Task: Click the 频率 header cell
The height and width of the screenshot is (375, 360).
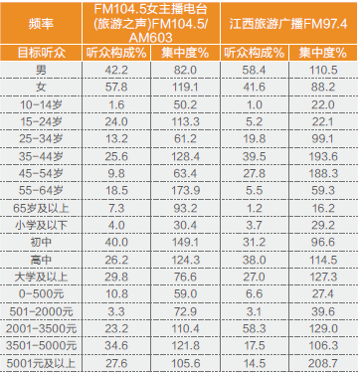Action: coord(41,24)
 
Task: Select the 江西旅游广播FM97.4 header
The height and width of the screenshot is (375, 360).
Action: coord(288,24)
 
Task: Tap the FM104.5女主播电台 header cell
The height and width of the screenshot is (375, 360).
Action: coord(151,24)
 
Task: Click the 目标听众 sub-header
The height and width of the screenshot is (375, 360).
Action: coord(42,53)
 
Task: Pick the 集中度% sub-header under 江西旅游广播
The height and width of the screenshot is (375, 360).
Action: coord(323,53)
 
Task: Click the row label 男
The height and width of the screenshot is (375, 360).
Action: coord(41,70)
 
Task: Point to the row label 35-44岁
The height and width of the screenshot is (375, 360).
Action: coord(41,156)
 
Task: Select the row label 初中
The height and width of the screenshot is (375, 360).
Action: coord(41,243)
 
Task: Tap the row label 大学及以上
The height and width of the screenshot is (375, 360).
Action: coord(41,277)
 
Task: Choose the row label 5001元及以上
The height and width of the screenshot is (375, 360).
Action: coord(41,363)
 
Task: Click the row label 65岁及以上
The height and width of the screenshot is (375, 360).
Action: coord(41,208)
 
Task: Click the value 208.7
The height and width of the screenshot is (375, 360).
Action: coord(323,363)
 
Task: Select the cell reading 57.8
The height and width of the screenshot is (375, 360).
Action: coord(116,88)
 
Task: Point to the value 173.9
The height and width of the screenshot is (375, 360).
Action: coord(185,191)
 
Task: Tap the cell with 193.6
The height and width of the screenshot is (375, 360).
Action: coord(323,156)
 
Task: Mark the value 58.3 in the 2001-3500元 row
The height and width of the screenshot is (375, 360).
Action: coord(255,329)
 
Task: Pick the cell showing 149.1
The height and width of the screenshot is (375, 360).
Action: coord(185,243)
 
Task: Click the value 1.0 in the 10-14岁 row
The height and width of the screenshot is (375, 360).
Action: coord(255,104)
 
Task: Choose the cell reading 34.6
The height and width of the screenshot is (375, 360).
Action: coord(116,346)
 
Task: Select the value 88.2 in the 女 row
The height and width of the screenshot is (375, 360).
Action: coord(323,88)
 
